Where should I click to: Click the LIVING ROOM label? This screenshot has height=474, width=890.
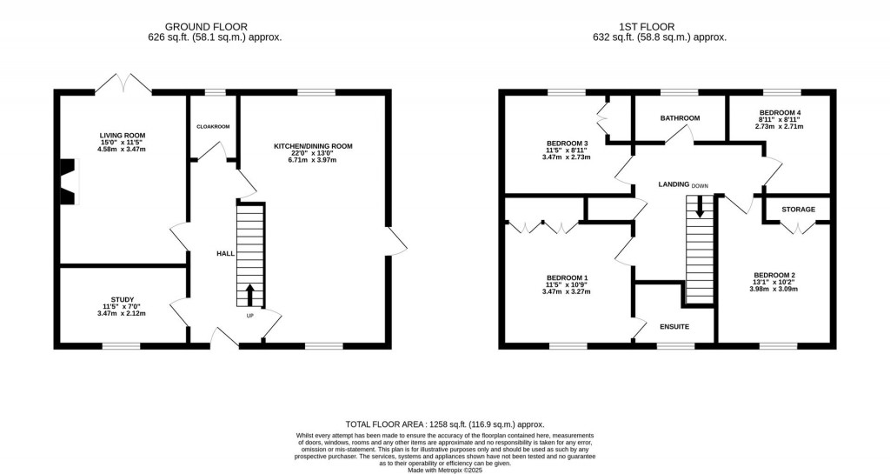122,136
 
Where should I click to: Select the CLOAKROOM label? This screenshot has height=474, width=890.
213,127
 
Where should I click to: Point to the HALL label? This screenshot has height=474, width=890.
225,253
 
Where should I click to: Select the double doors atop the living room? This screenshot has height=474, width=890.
123,84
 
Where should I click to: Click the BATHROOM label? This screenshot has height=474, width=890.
679,118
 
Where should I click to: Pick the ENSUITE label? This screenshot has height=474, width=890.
674,327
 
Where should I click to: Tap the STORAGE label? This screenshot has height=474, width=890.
797,210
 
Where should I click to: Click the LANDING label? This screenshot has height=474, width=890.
673,185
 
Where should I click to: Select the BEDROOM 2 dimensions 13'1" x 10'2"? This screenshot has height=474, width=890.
774,283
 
